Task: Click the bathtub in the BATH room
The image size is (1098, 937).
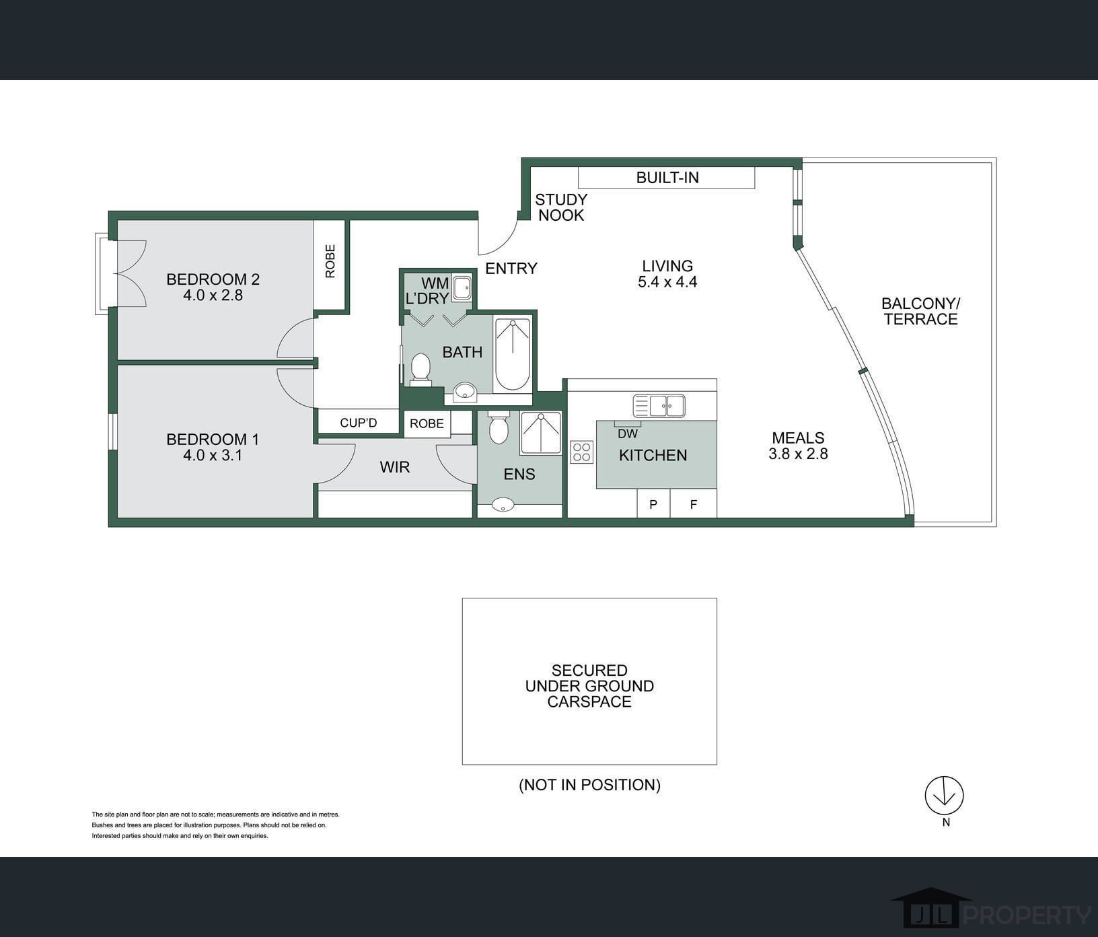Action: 513,354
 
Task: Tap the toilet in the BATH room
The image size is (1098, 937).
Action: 420,370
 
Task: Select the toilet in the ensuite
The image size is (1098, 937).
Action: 499,427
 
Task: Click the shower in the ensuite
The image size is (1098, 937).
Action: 540,433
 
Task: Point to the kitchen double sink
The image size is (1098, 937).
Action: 659,406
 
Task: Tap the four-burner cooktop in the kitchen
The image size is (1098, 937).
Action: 582,452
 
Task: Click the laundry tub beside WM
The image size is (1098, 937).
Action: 462,288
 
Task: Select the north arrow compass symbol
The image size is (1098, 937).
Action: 944,796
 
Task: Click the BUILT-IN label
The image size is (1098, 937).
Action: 667,178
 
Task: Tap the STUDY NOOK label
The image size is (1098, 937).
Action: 561,207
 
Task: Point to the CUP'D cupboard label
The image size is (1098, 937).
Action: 359,423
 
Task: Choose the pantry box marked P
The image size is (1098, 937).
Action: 653,503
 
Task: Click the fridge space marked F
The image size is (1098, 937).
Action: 694,503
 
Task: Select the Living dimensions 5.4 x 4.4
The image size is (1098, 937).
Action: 667,282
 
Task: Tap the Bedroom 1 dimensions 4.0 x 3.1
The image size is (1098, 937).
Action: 213,455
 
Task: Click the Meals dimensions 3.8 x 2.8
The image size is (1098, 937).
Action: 798,454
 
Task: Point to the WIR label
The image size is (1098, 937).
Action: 394,467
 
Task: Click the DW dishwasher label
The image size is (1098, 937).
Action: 628,433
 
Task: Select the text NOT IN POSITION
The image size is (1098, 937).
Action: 589,785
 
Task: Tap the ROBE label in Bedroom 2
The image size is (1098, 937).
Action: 330,261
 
